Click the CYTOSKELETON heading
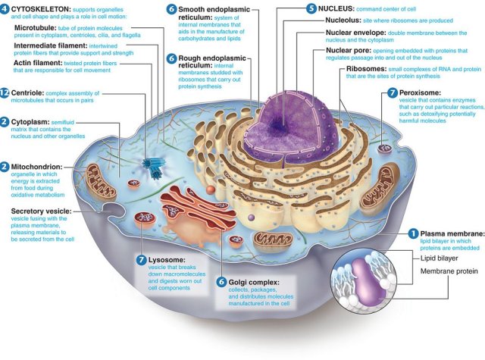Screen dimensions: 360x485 [x=44, y=8]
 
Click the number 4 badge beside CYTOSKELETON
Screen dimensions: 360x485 [x=5, y=8]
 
